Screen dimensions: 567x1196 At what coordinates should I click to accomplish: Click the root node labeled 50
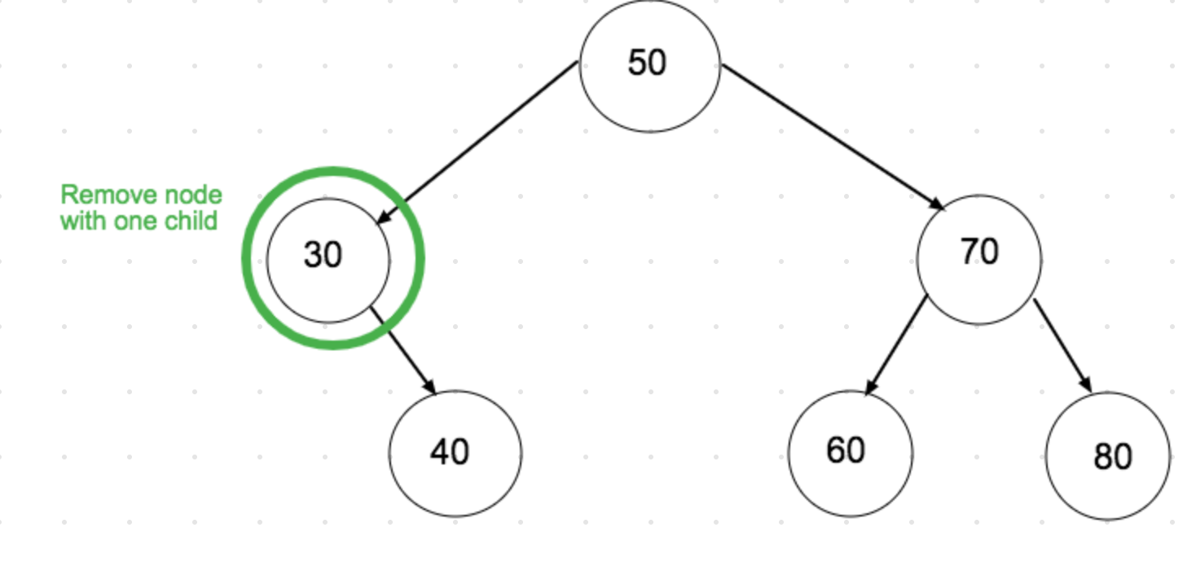click(649, 64)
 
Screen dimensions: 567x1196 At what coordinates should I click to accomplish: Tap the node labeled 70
click(978, 257)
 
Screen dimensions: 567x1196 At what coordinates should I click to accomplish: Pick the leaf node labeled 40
click(455, 453)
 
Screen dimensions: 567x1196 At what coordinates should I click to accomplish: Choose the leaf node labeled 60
click(850, 452)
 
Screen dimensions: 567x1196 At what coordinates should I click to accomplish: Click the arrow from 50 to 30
click(481, 140)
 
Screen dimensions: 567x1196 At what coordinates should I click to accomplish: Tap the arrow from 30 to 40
click(403, 350)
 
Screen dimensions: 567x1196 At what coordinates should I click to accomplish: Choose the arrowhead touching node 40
click(429, 385)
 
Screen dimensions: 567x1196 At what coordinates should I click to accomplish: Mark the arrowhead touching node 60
click(871, 387)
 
